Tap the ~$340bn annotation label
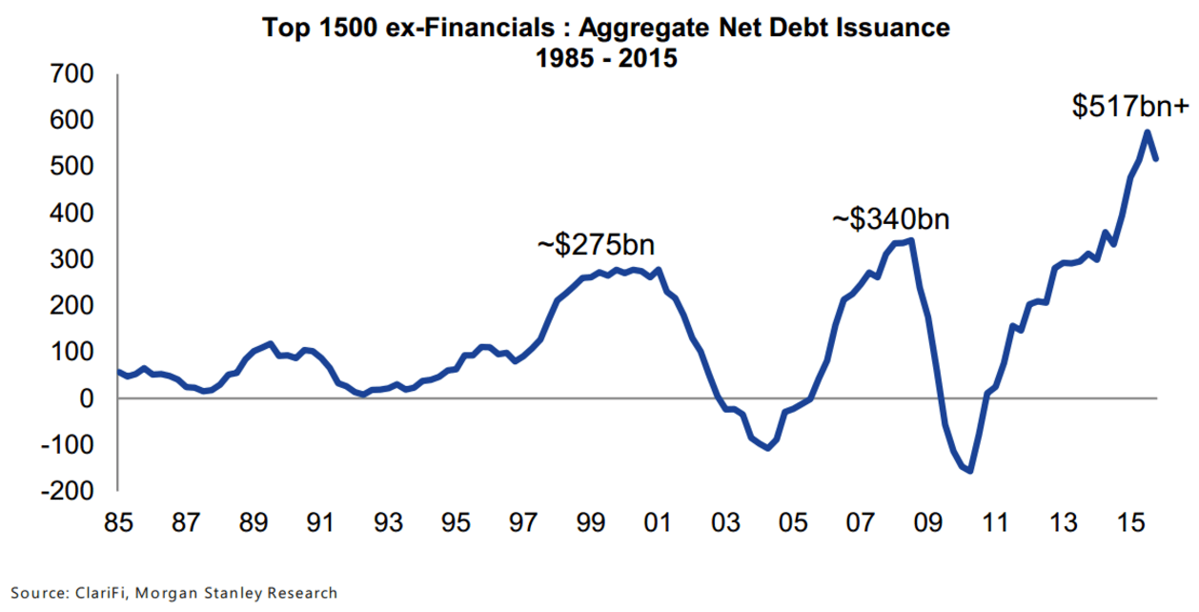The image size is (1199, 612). coord(891,219)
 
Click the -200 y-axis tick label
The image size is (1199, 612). coord(66,491)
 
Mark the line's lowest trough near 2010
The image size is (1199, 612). coord(970,471)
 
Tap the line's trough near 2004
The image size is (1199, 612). coord(767,448)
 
